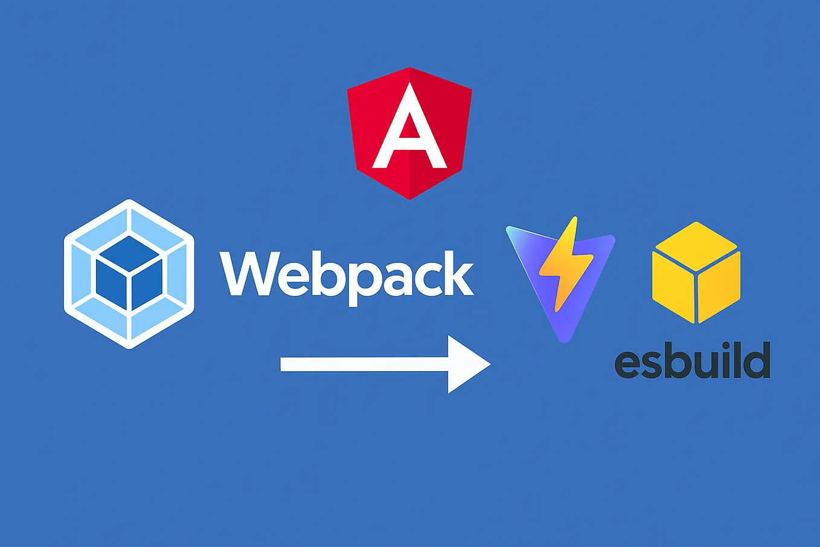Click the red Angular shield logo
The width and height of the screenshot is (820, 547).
pyautogui.click(x=409, y=133)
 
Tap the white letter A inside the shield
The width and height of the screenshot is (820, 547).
pyautogui.click(x=409, y=130)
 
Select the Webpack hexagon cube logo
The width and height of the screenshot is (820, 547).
pyautogui.click(x=129, y=274)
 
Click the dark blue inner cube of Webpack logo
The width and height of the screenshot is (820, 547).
pyautogui.click(x=129, y=274)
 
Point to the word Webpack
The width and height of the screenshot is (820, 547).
pyautogui.click(x=346, y=275)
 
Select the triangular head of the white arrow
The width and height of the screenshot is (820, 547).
pyautogui.click(x=466, y=364)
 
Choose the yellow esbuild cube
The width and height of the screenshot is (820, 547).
pyautogui.click(x=696, y=272)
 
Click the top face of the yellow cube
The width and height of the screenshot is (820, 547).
pyautogui.click(x=696, y=246)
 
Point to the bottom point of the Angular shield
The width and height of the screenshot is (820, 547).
pyautogui.click(x=410, y=198)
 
